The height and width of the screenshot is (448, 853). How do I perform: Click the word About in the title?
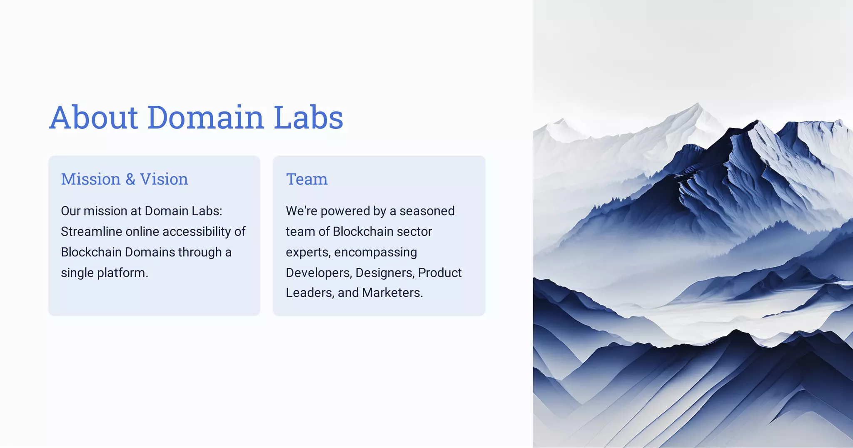click(x=94, y=117)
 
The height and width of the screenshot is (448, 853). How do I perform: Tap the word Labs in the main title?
click(x=308, y=117)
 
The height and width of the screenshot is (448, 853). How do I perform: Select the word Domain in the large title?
click(x=205, y=117)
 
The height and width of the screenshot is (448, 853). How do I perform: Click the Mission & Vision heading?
click(x=124, y=179)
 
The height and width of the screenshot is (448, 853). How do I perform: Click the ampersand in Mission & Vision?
click(x=130, y=179)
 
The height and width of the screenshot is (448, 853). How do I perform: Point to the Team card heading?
click(x=307, y=179)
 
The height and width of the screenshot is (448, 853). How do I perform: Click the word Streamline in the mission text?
click(x=91, y=231)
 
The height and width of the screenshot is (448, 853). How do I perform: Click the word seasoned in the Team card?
click(x=427, y=211)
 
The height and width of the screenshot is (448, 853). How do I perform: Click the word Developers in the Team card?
click(x=319, y=273)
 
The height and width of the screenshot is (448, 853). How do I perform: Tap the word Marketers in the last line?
click(x=392, y=293)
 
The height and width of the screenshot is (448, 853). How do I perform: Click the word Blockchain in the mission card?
click(x=91, y=252)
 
